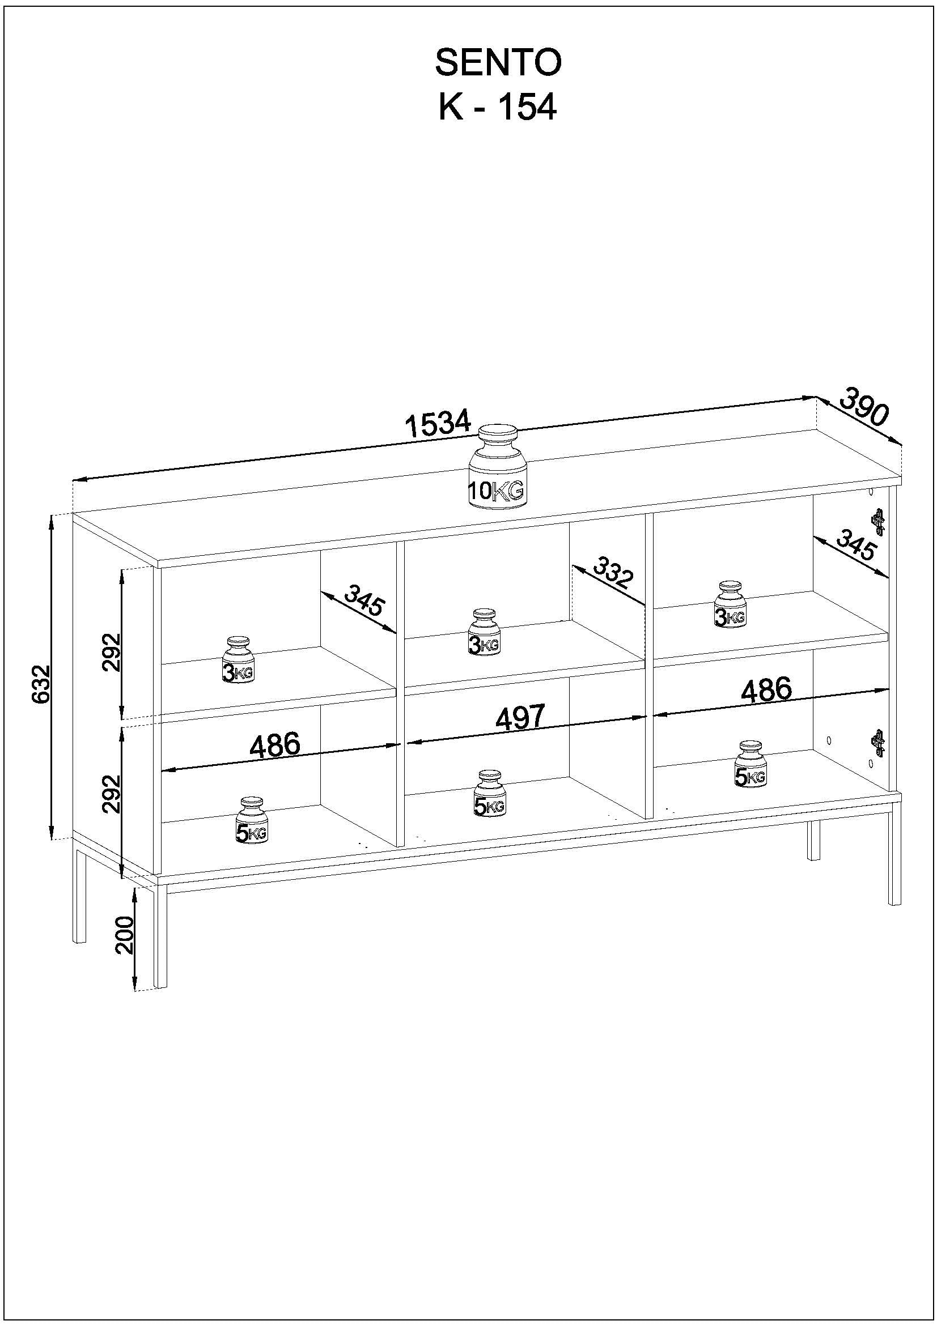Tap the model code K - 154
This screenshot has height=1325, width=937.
click(x=498, y=107)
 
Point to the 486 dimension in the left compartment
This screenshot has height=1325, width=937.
click(x=275, y=745)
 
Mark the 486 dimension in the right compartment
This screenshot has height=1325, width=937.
click(x=767, y=689)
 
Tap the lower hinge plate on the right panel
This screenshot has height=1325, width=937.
click(x=878, y=742)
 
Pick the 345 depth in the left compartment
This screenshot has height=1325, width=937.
click(x=363, y=600)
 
